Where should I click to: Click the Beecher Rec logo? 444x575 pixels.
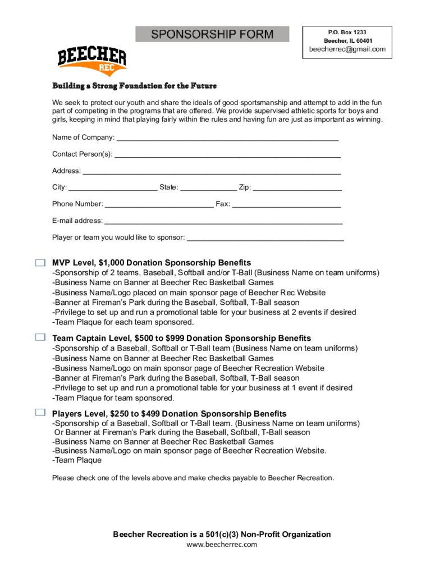click(92, 61)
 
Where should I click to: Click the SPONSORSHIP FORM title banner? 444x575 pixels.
click(212, 34)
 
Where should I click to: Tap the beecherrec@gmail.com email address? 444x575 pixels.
click(347, 49)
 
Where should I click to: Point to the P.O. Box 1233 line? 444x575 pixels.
click(347, 33)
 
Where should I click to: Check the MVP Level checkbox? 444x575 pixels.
click(40, 262)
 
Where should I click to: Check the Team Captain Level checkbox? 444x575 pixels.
click(40, 337)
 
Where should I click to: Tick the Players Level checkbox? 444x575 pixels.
click(40, 413)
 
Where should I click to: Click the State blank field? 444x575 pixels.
click(208, 188)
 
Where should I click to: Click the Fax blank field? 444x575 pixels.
click(286, 204)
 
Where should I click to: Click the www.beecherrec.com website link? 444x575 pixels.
click(222, 544)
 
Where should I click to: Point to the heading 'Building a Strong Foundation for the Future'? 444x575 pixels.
click(134, 86)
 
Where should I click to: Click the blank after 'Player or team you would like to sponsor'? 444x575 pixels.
click(265, 238)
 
